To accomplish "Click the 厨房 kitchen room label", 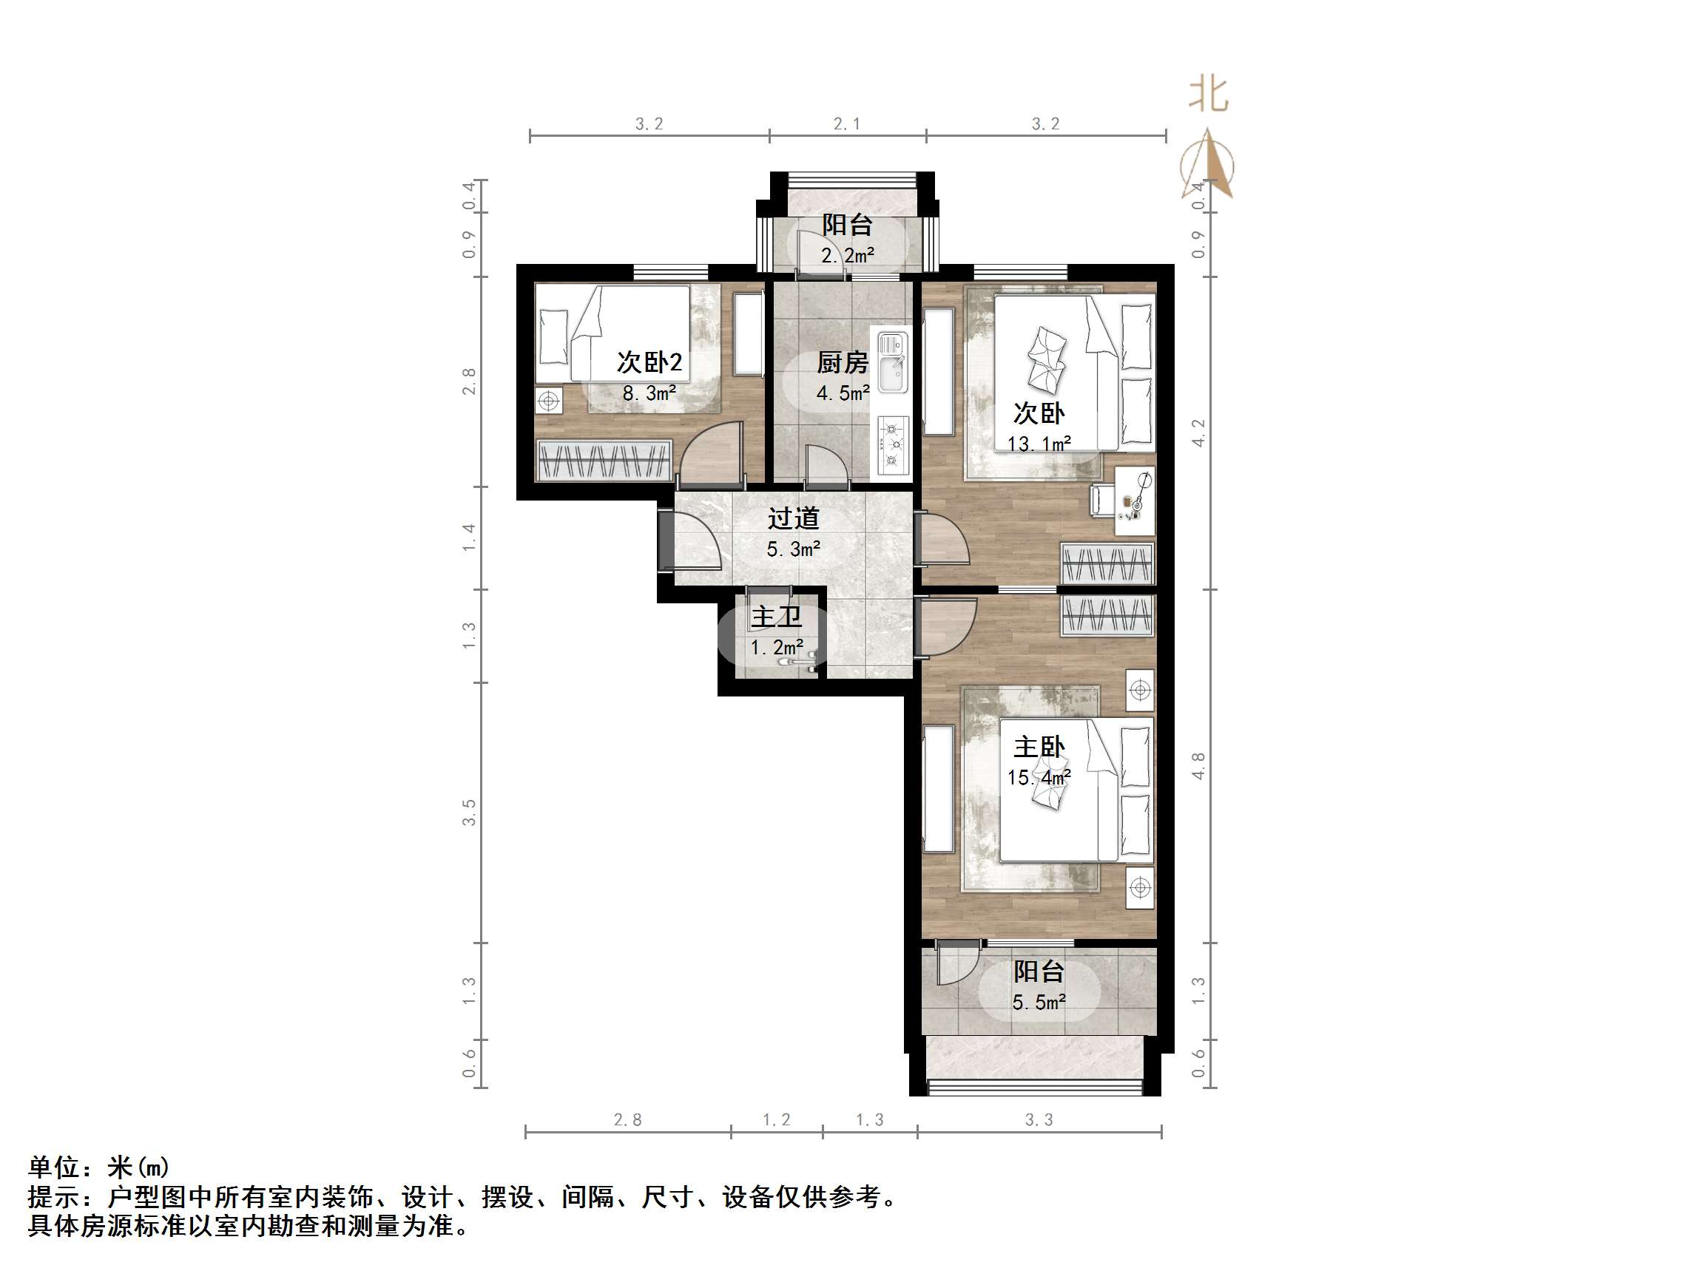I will coord(843,362).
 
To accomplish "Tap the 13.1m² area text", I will coord(1038,444).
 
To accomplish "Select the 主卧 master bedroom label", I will coord(1038,747).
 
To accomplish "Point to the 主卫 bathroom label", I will coord(776,616).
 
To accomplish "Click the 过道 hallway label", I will coord(794,518).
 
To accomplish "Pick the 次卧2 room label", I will coord(649,362).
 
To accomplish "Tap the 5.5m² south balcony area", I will coord(1038,1002).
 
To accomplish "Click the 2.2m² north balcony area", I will coord(847,255).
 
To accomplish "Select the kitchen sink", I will coord(891,362).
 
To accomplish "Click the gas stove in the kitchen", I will coord(891,444).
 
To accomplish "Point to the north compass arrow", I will coord(1208,164).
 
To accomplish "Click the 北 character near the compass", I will coord(1208,95).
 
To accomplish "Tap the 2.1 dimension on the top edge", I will coord(846,123).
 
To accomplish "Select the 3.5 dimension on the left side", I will coord(469,813).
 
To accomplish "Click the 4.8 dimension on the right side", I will coord(1198,766).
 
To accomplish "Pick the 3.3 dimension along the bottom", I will coord(1038,1119).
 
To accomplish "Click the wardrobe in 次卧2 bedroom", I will coord(604,461).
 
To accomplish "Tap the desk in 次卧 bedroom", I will coord(1134,501).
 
